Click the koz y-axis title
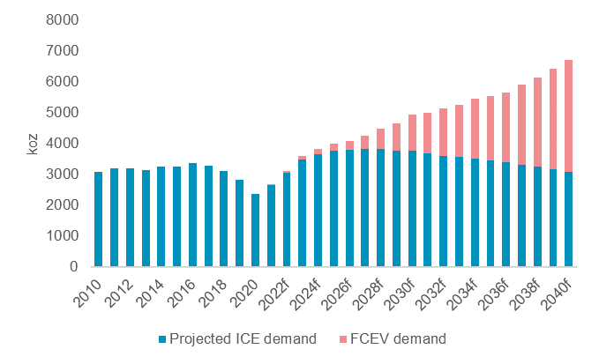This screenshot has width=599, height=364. pos(34,143)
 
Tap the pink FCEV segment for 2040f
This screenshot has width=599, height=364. pos(569,115)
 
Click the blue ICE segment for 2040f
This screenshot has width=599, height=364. pos(569,219)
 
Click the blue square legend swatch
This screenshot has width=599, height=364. pos(161,338)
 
